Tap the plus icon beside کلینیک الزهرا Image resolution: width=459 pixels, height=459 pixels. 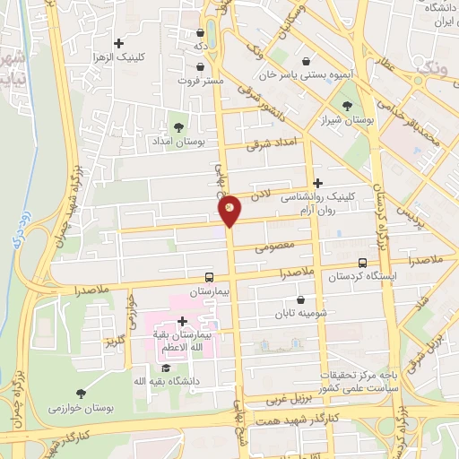click(x=118, y=42)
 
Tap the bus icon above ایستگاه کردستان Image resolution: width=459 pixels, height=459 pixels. click(x=362, y=263)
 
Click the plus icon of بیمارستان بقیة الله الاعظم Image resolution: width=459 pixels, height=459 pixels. click(x=183, y=320)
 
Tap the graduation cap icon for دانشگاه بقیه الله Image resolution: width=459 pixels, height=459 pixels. click(x=165, y=367)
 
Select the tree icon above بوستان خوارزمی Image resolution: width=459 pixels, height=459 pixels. click(x=82, y=393)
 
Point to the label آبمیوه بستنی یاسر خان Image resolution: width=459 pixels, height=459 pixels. click(x=307, y=77)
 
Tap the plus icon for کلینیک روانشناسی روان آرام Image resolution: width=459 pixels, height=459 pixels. click(x=317, y=182)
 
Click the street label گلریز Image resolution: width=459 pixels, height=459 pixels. click(x=114, y=342)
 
